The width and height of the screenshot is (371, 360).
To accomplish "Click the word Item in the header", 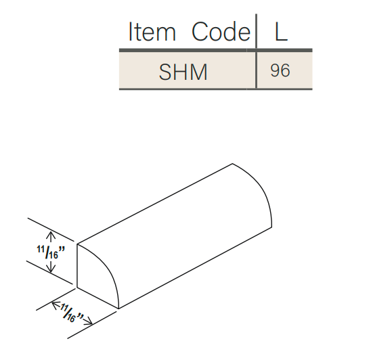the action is coord(152,31).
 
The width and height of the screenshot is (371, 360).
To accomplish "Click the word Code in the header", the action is coord(221,31).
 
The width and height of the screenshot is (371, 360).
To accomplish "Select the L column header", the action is coord(281,31).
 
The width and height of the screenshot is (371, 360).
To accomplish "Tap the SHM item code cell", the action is coord(183,72).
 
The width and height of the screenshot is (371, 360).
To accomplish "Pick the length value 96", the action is coord(280,70).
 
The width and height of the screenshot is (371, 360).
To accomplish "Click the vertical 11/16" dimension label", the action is coord(51,252).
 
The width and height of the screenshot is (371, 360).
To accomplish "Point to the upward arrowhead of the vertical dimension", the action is coord(51,235).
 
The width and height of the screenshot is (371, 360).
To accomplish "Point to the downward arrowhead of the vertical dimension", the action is coord(51,269).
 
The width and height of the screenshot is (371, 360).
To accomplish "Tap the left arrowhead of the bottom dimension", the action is coord(55,305).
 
